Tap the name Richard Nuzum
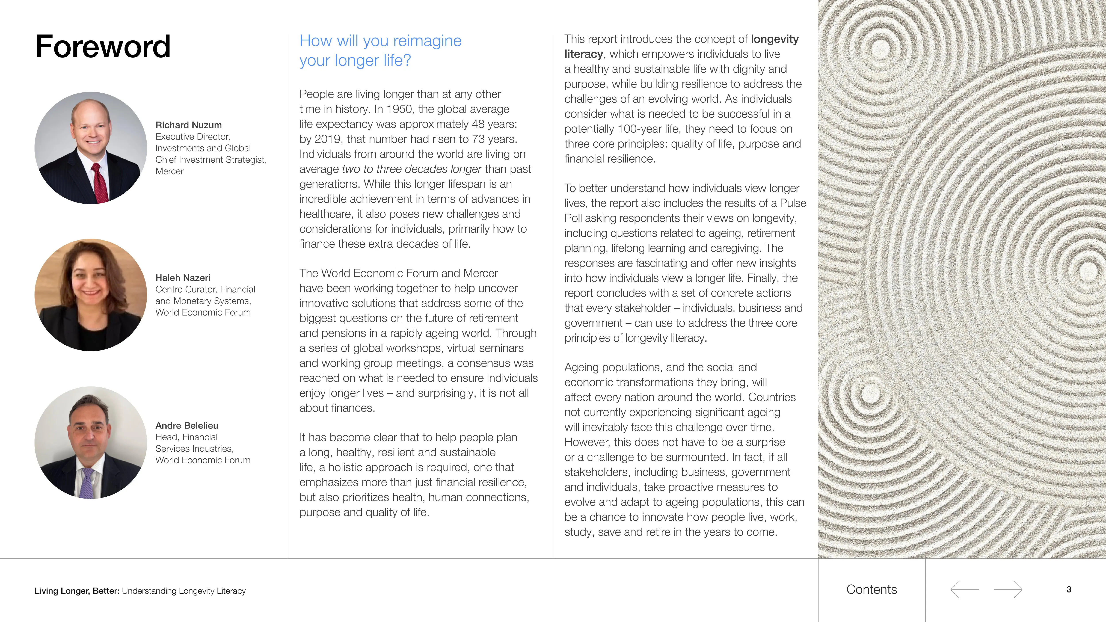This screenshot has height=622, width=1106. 188,125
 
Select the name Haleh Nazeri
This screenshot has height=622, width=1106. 183,278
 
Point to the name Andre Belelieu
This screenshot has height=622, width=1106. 187,425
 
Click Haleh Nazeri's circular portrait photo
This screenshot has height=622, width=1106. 91,295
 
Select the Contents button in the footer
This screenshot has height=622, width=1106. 872,590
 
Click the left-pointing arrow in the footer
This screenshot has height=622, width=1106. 964,590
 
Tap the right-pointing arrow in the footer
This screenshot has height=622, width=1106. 1008,590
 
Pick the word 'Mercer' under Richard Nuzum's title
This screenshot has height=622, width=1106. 169,171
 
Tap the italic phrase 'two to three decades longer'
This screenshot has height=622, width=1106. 411,169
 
